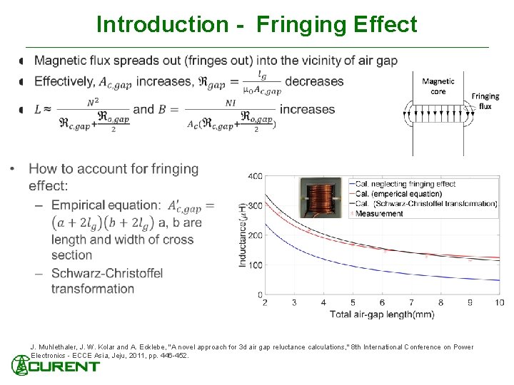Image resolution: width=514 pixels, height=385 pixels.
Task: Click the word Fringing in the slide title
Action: click(x=301, y=25)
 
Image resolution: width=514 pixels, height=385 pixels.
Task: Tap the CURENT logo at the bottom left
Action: click(x=56, y=366)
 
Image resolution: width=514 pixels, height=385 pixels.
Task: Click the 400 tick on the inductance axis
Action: click(x=254, y=176)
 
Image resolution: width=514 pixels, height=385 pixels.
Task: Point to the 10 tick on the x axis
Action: click(x=499, y=303)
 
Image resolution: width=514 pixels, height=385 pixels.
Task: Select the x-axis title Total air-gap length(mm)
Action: click(x=382, y=314)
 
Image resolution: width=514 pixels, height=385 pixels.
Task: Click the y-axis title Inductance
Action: click(x=243, y=235)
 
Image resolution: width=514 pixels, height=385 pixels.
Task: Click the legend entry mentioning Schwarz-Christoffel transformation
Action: click(x=425, y=203)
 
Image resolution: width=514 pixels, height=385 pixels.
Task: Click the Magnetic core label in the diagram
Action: click(x=438, y=86)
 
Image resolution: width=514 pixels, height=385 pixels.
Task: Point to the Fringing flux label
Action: click(x=485, y=101)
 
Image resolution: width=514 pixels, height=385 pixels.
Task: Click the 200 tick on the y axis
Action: click(x=254, y=235)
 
